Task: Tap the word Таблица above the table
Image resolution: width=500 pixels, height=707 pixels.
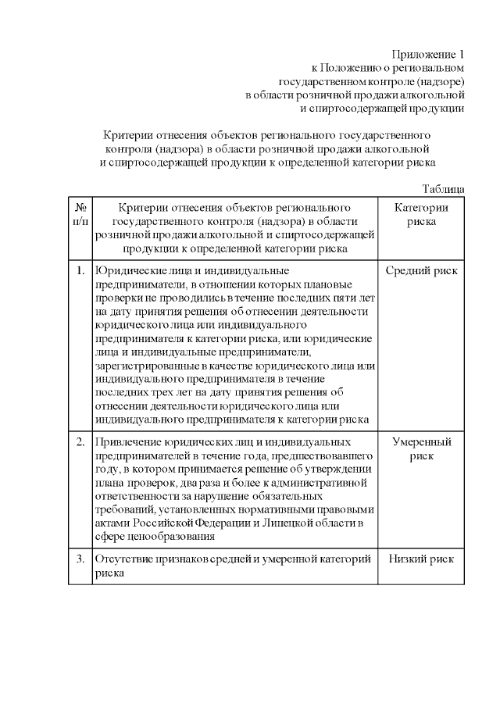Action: (443, 189)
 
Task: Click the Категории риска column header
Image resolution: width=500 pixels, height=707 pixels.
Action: (421, 214)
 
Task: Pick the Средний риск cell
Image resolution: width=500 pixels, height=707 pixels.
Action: (421, 271)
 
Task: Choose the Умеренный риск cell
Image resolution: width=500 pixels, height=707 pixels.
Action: (421, 448)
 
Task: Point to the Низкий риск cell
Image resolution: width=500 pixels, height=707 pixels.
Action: (421, 559)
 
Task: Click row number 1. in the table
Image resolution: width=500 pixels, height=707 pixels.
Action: (80, 271)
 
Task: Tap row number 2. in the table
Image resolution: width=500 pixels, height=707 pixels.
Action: (80, 442)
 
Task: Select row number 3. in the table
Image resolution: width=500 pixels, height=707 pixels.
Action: (80, 559)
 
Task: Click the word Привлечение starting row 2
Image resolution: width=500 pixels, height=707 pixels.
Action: (127, 442)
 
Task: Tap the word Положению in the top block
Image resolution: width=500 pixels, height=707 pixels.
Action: (347, 68)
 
